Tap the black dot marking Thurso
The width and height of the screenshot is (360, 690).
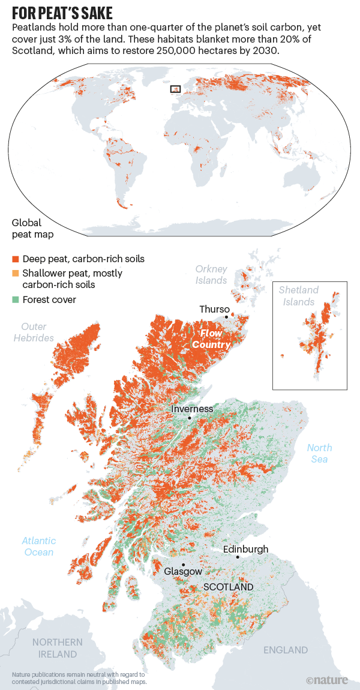pyautogui.click(x=227, y=316)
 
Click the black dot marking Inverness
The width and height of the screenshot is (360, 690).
pyautogui.click(x=189, y=418)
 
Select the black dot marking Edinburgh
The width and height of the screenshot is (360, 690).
pyautogui.click(x=238, y=557)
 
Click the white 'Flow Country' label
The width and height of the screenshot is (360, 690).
pyautogui.click(x=211, y=339)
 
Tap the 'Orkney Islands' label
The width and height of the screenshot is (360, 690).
pyautogui.click(x=211, y=275)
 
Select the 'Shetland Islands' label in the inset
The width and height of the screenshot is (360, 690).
pyautogui.click(x=298, y=296)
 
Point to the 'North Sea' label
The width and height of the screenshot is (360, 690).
pyautogui.click(x=319, y=454)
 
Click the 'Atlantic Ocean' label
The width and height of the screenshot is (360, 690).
pyautogui.click(x=40, y=546)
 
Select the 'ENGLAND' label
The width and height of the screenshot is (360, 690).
pyautogui.click(x=286, y=650)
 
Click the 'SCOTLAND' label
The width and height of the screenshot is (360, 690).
pyautogui.click(x=228, y=587)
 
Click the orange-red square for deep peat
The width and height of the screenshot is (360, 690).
pyautogui.click(x=16, y=259)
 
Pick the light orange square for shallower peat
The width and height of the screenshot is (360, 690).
pyautogui.click(x=16, y=274)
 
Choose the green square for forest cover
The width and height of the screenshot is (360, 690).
pyautogui.click(x=16, y=299)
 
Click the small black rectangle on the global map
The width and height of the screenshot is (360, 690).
pyautogui.click(x=175, y=89)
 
